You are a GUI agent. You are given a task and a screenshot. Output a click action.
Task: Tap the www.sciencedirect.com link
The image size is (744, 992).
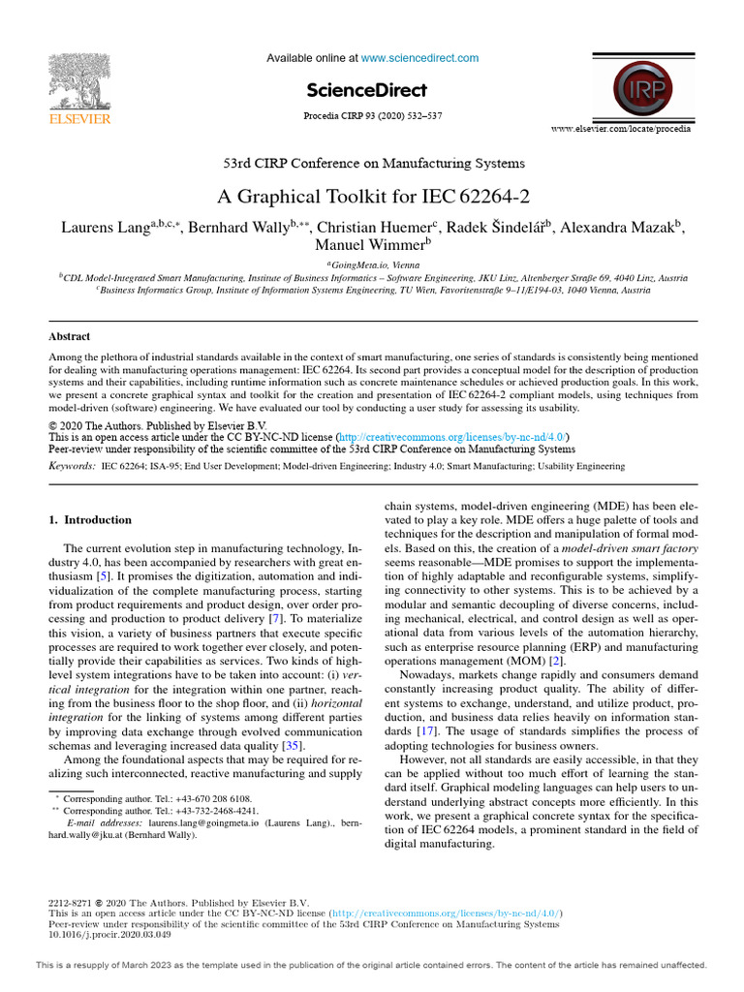tap(419, 58)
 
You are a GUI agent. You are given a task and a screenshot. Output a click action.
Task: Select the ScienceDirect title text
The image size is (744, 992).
tap(366, 90)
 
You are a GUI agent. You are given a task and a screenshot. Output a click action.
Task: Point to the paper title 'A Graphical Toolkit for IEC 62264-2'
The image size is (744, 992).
tap(373, 197)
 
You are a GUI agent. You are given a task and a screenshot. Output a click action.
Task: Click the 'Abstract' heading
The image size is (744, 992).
tap(69, 337)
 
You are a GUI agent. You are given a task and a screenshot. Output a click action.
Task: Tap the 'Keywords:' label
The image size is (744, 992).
tap(72, 466)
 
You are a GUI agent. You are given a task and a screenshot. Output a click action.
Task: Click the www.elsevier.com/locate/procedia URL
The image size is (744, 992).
tap(635, 129)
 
